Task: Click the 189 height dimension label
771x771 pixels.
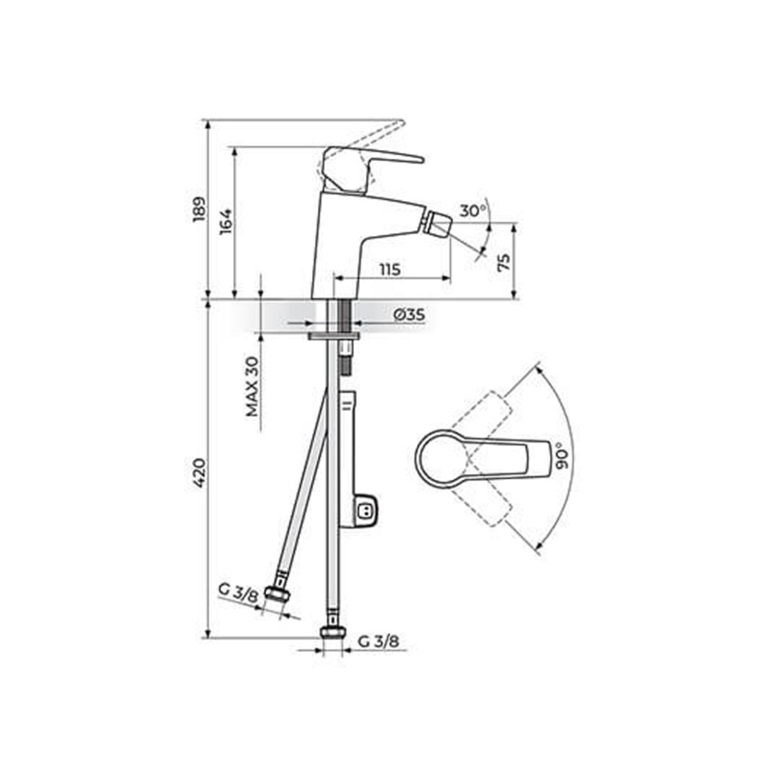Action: pos(200,209)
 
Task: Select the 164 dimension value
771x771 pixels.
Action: pos(226,222)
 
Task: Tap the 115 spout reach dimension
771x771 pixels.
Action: pos(390,270)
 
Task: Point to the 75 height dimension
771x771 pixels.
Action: pos(504,262)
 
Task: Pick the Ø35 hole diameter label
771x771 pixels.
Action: pos(409,315)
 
